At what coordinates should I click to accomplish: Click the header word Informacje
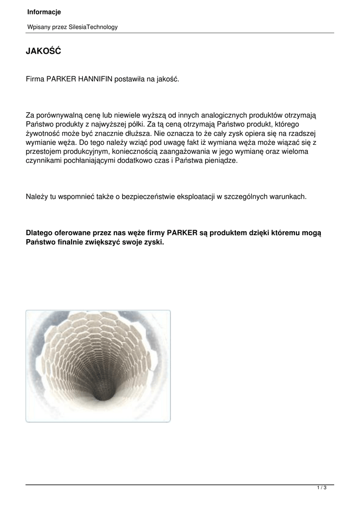[44, 12]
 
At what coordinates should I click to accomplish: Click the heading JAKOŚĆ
[43, 51]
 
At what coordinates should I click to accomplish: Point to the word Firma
[35, 79]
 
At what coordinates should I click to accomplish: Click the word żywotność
[44, 133]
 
